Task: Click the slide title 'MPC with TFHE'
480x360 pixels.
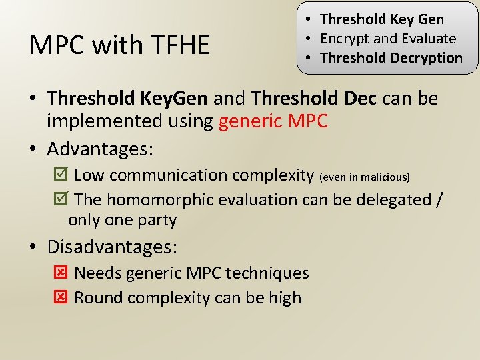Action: (x=120, y=45)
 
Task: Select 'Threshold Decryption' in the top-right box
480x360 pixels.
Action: (x=391, y=58)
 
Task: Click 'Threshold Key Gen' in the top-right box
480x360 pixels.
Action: (x=382, y=19)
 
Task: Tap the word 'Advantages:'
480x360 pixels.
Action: (x=100, y=148)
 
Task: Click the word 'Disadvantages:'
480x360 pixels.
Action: (x=112, y=247)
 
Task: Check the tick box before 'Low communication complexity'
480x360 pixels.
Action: (x=59, y=175)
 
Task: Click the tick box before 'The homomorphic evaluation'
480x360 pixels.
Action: (x=59, y=199)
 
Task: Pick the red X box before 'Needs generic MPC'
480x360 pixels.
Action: (x=59, y=273)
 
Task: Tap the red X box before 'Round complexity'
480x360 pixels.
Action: (x=59, y=297)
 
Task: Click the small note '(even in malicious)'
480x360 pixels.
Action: (x=365, y=177)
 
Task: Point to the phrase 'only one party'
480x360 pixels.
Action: (x=122, y=220)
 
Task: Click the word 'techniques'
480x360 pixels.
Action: (x=267, y=273)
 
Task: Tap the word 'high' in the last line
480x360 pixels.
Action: (x=285, y=297)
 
